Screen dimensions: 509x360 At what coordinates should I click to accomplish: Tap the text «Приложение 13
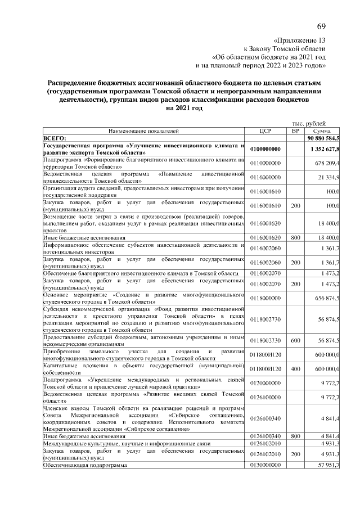click(x=299, y=40)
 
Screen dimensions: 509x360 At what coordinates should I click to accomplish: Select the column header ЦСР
click(x=266, y=130)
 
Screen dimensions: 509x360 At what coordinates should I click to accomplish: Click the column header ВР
click(x=295, y=130)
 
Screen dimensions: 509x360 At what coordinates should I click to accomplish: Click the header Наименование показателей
click(x=143, y=130)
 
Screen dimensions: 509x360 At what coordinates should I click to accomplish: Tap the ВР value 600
click(x=295, y=341)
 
